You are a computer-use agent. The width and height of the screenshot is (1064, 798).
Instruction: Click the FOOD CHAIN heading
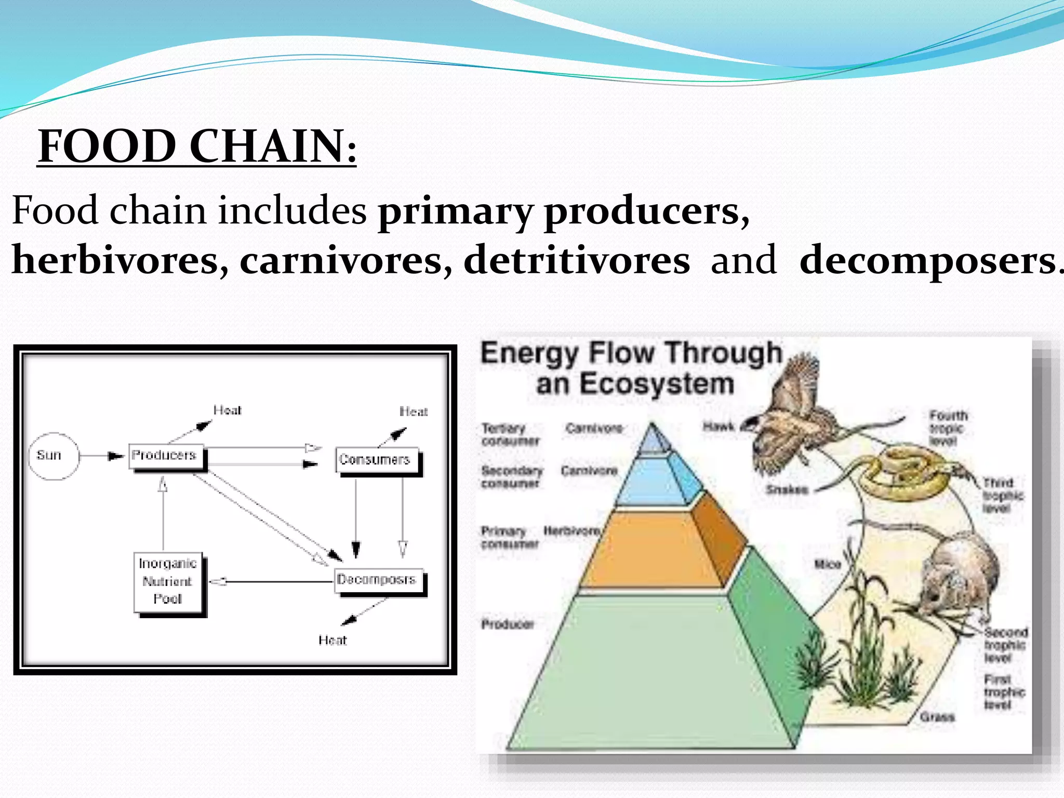click(197, 146)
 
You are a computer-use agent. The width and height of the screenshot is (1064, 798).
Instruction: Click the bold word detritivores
click(577, 260)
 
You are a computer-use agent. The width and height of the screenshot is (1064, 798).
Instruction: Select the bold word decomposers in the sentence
click(928, 260)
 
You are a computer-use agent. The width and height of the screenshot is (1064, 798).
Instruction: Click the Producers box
click(165, 457)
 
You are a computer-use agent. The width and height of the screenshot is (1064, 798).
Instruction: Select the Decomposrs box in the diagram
click(378, 580)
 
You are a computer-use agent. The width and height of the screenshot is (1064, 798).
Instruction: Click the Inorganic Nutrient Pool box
click(168, 581)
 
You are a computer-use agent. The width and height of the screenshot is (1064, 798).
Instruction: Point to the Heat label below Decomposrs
click(332, 640)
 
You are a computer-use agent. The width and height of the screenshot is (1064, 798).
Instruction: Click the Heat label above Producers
click(227, 410)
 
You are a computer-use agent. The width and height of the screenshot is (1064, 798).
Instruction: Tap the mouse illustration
click(956, 577)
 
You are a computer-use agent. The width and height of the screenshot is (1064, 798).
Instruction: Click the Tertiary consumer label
click(510, 434)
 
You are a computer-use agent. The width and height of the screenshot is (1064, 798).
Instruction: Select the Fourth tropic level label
click(948, 428)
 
